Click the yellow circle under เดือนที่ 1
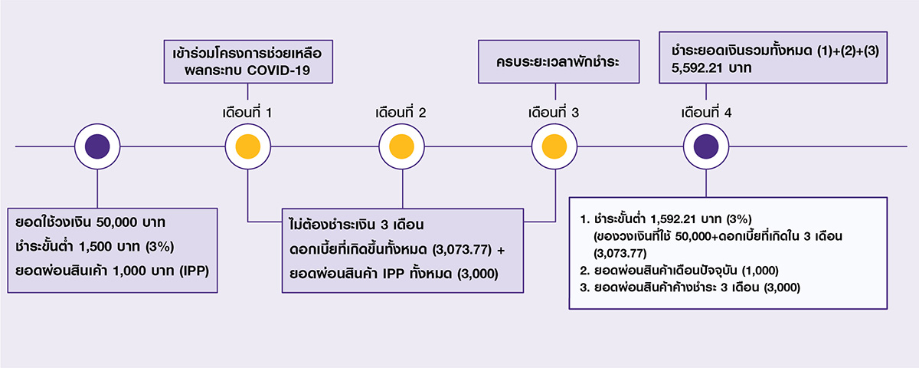tap(247, 146)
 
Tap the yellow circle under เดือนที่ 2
tap(401, 146)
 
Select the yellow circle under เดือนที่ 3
tap(554, 146)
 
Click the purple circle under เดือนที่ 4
tap(705, 146)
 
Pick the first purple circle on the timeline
tap(97, 146)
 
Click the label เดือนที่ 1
tap(247, 113)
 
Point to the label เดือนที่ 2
tap(401, 113)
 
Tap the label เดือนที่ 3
tap(554, 113)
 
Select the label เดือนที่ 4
tap(706, 113)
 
